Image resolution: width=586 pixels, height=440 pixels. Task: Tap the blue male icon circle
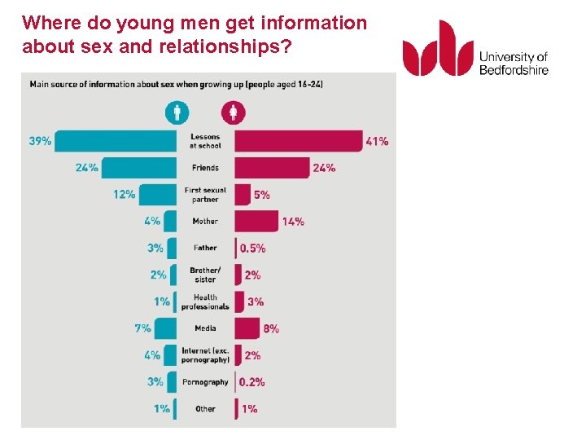(x=177, y=112)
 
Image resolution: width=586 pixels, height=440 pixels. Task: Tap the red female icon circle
(x=233, y=112)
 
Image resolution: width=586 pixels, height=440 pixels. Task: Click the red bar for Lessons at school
(x=298, y=141)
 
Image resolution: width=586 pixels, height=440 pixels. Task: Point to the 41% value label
(x=377, y=141)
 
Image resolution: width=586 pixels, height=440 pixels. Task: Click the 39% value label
(x=40, y=141)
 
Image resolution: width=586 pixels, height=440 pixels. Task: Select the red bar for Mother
(x=256, y=221)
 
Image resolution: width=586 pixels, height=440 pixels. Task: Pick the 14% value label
(x=293, y=221)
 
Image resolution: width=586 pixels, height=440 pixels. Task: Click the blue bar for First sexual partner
(x=156, y=195)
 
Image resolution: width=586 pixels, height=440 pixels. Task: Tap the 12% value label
(x=124, y=195)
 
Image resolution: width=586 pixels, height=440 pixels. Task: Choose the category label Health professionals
(x=205, y=302)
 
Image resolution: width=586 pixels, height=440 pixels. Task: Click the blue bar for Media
(x=165, y=328)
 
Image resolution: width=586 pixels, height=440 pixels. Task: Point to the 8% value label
(x=271, y=328)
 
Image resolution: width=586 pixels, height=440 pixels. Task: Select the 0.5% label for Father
(x=252, y=248)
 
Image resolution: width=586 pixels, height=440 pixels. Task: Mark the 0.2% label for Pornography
(x=252, y=382)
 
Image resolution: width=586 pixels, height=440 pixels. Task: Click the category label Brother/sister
(x=205, y=275)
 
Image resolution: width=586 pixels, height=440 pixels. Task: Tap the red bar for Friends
(x=272, y=168)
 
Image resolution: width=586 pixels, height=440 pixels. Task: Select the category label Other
(x=205, y=409)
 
